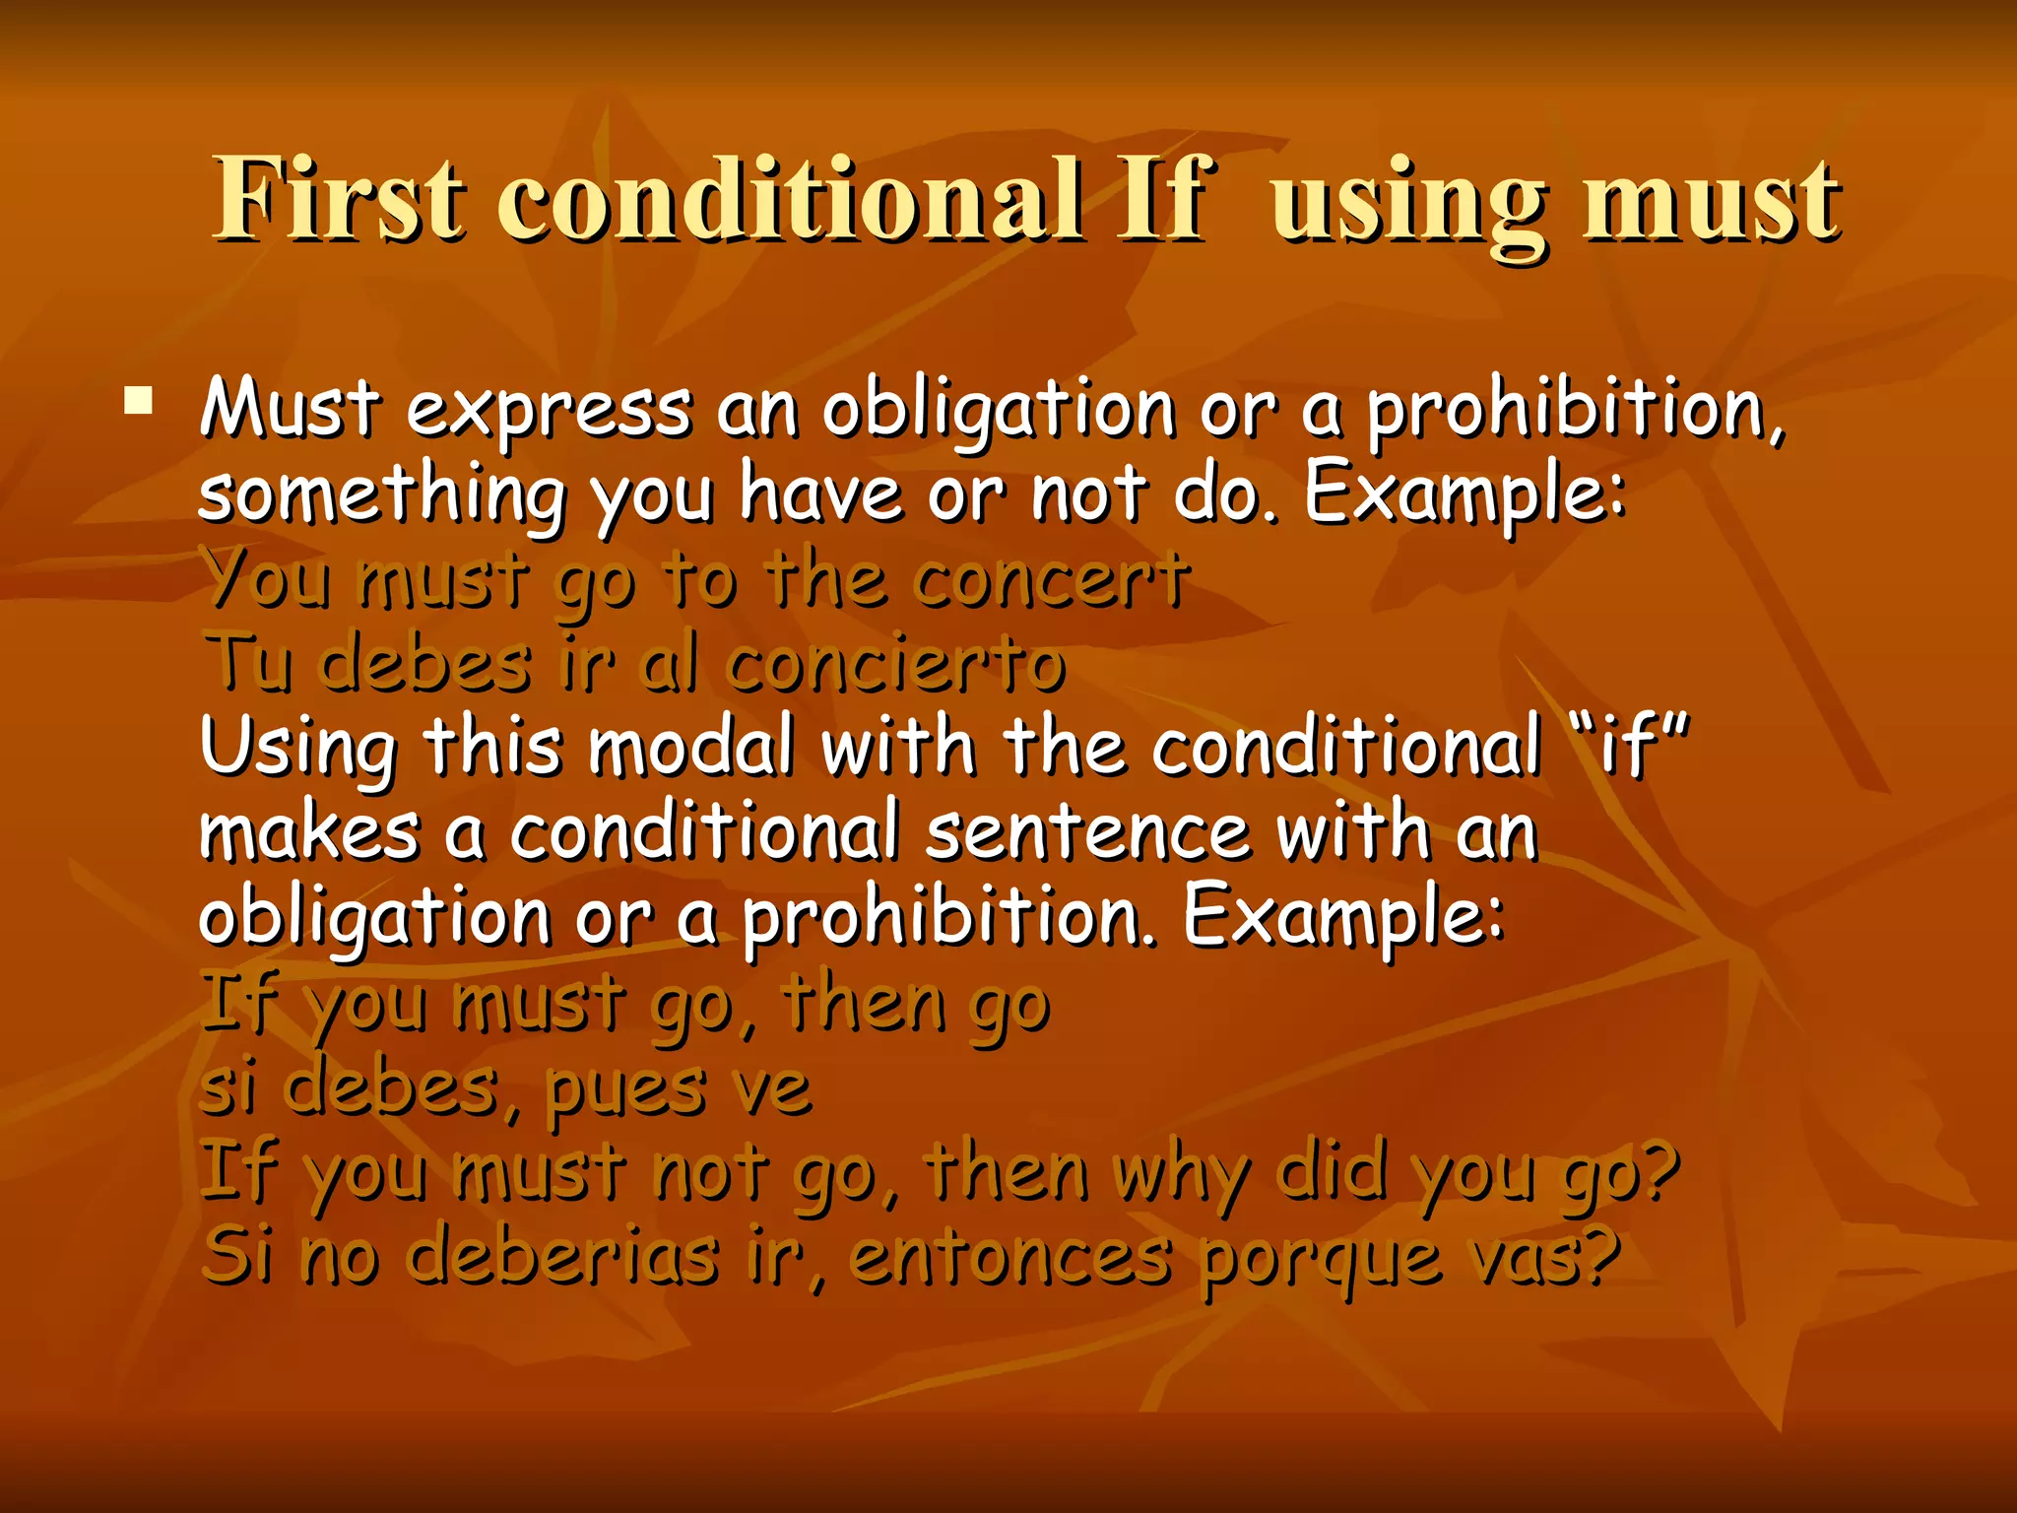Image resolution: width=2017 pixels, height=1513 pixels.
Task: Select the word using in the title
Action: (x=1408, y=203)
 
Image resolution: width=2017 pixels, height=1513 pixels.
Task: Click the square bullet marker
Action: (x=139, y=401)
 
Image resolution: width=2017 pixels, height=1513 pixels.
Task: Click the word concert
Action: (x=1051, y=579)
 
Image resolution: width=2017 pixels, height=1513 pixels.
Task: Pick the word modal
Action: (x=691, y=747)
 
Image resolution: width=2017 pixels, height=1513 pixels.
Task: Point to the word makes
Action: (x=309, y=833)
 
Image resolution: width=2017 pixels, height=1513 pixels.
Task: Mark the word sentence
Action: (x=1087, y=833)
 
